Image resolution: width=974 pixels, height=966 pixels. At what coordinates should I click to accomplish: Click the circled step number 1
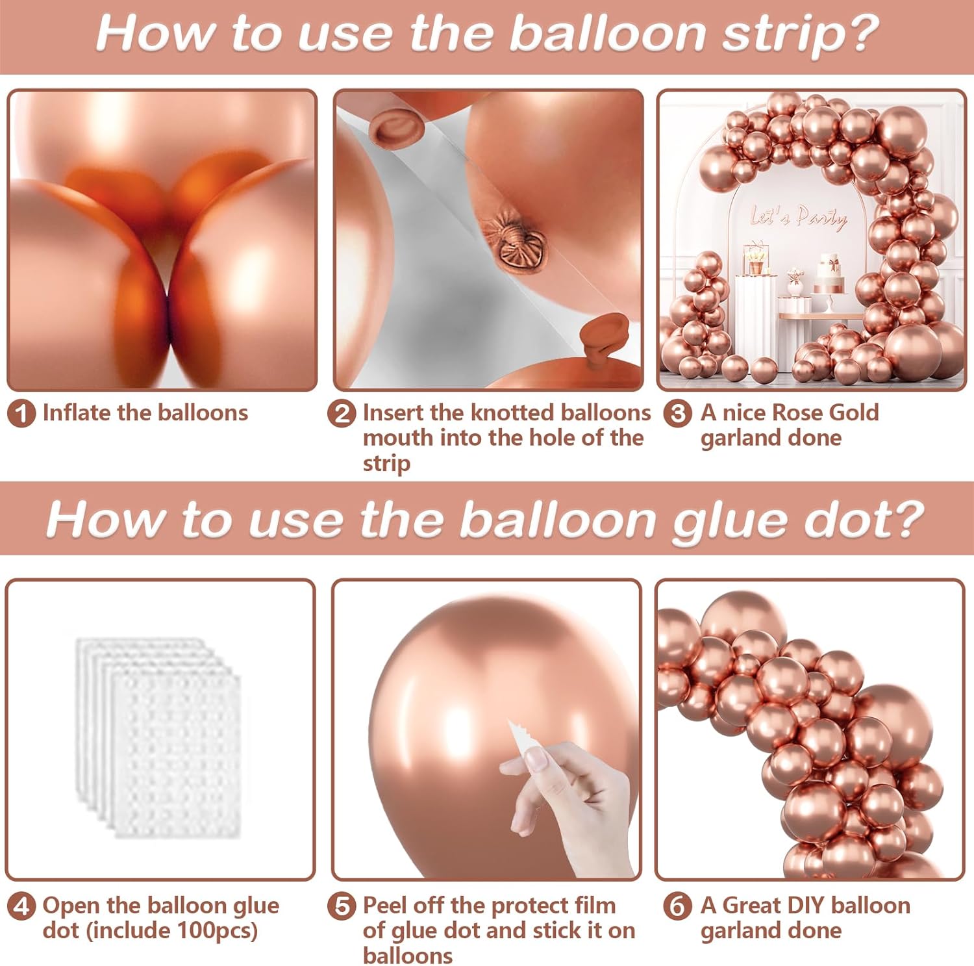tap(21, 414)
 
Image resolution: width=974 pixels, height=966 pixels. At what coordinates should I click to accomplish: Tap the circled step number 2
tap(342, 414)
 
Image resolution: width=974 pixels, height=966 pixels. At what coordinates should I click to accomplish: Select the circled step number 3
tap(677, 413)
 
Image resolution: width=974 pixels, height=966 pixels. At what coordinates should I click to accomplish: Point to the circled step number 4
tap(21, 906)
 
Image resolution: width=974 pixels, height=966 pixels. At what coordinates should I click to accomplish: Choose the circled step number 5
tap(342, 906)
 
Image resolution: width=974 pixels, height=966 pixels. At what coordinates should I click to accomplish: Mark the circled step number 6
tap(677, 906)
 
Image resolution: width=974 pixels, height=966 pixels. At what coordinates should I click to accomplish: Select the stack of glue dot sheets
tap(158, 738)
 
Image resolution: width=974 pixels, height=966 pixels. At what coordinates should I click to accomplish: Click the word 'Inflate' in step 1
tap(77, 413)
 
